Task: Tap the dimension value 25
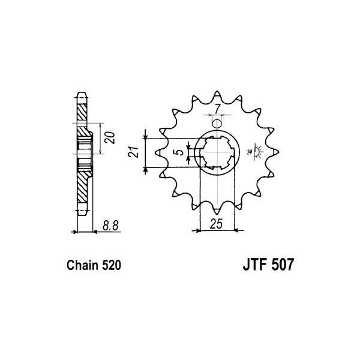[x=216, y=224]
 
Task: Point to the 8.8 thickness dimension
[x=110, y=226]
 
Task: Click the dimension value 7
[x=218, y=109]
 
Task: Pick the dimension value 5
[x=181, y=152]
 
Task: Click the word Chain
[x=82, y=265]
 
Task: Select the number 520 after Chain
[x=112, y=265]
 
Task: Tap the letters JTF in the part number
[x=255, y=265]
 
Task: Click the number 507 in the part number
[x=283, y=265]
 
